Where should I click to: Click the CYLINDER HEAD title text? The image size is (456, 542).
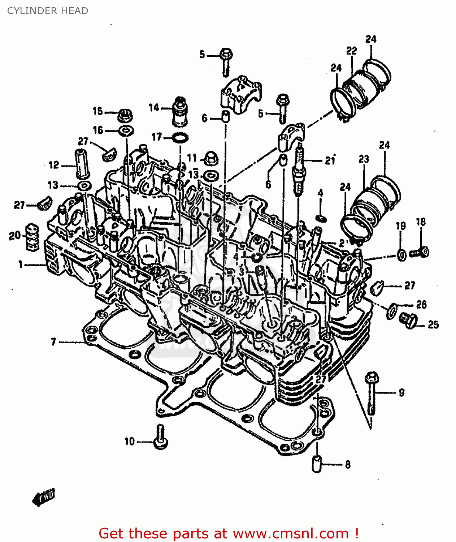pyautogui.click(x=48, y=11)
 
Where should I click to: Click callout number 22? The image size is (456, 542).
pyautogui.click(x=351, y=51)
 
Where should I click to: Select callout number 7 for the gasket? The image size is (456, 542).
pyautogui.click(x=53, y=341)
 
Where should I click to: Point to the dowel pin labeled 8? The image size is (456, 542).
pyautogui.click(x=317, y=463)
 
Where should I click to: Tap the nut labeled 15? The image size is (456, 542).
pyautogui.click(x=125, y=115)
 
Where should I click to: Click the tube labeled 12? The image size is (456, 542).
pyautogui.click(x=83, y=163)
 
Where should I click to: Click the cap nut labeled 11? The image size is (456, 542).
pyautogui.click(x=210, y=159)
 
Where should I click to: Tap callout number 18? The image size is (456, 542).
pyautogui.click(x=421, y=222)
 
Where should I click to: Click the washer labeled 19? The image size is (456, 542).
pyautogui.click(x=401, y=255)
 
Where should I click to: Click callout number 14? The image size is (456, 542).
pyautogui.click(x=154, y=108)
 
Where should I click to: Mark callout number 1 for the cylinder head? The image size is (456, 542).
pyautogui.click(x=21, y=265)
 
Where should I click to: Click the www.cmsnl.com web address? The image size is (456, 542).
pyautogui.click(x=291, y=533)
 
